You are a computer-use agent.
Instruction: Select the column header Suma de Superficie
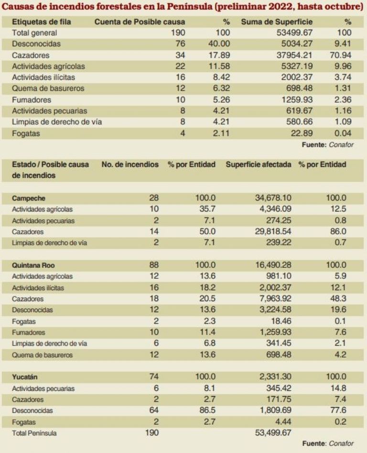(277, 21)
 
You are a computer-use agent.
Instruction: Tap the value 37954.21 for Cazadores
(294, 55)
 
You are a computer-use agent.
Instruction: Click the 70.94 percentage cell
(341, 55)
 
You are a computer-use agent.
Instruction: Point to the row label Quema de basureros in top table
(48, 88)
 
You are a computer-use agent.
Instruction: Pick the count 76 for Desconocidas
(180, 43)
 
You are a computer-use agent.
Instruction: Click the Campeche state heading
(29, 198)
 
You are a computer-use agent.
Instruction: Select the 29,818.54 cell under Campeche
(273, 232)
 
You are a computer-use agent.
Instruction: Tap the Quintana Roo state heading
(33, 265)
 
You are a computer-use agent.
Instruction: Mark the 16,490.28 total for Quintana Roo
(273, 265)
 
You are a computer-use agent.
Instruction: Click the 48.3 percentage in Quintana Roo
(338, 298)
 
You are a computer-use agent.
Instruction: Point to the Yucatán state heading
(25, 377)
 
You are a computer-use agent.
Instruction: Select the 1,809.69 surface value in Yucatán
(275, 410)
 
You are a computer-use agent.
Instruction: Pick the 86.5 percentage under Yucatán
(207, 410)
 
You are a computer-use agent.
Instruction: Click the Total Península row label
(34, 433)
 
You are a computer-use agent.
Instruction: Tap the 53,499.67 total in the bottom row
(273, 432)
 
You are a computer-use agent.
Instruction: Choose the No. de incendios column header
(130, 164)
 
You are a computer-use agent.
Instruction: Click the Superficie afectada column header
(258, 164)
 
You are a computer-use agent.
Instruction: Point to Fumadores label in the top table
(32, 100)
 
